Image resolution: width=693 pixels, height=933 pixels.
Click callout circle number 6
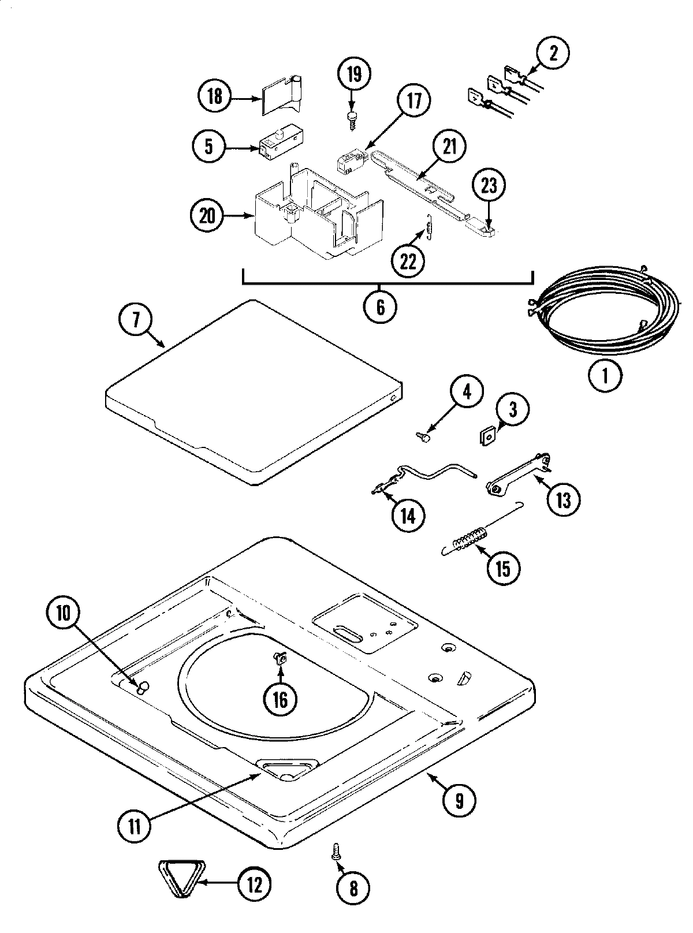pyautogui.click(x=380, y=307)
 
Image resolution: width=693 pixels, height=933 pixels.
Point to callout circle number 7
pyautogui.click(x=136, y=320)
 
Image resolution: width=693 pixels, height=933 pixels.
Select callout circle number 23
pyautogui.click(x=489, y=186)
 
